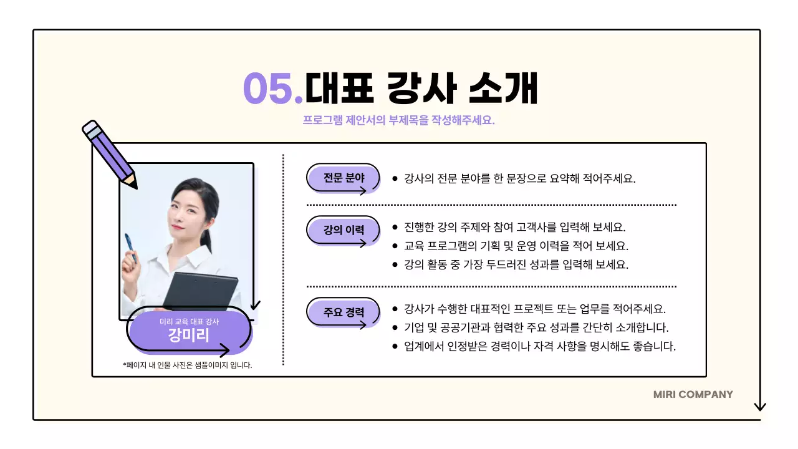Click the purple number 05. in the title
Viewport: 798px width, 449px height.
[x=272, y=89]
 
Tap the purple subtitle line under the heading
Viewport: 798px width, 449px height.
[x=398, y=120]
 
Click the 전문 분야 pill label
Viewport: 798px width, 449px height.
[x=344, y=178]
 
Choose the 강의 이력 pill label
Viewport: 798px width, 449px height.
[x=344, y=229]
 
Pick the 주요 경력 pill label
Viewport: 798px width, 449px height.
[x=344, y=312]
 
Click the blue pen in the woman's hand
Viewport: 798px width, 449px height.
[x=130, y=248]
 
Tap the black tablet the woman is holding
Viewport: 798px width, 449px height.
[x=200, y=293]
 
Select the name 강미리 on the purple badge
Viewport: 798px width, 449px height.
[x=189, y=336]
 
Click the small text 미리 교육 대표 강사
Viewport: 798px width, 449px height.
[x=189, y=321]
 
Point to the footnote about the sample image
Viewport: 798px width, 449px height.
[x=188, y=365]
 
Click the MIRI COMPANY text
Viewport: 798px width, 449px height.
[x=693, y=394]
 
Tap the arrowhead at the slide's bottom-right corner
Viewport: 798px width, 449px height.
[x=759, y=407]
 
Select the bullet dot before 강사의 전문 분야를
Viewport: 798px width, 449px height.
[x=395, y=178]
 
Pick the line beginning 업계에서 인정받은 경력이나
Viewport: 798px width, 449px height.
[x=540, y=346]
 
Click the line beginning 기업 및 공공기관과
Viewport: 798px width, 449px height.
[x=536, y=327]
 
